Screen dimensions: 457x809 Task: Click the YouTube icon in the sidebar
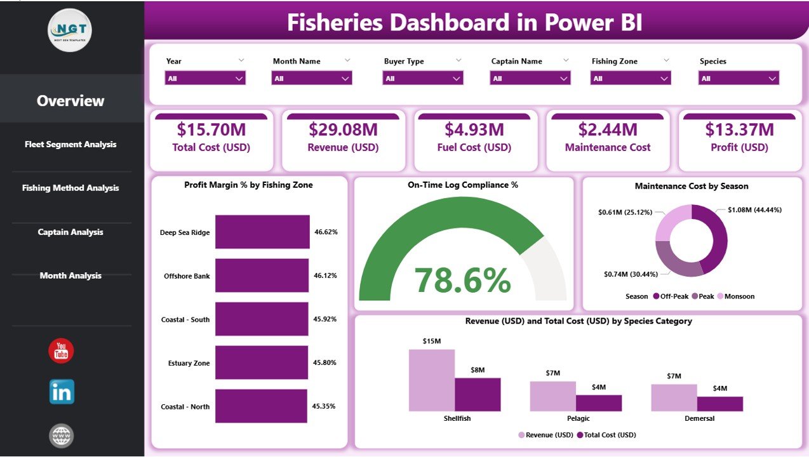(62, 351)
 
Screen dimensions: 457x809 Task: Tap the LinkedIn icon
(62, 392)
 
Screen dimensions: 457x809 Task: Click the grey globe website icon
(62, 436)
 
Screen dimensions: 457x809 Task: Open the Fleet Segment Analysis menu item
(70, 145)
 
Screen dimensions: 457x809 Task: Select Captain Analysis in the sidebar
(70, 232)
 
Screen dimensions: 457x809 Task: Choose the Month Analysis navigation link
(70, 276)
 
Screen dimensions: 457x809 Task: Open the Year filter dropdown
(204, 78)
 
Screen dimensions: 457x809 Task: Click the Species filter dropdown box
(738, 78)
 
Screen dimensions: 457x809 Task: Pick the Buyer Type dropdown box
(422, 78)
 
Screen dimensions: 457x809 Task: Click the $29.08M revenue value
(343, 130)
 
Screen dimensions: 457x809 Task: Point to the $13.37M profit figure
(739, 130)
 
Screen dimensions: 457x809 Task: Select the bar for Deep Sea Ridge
(262, 232)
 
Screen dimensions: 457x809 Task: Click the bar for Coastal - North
(261, 407)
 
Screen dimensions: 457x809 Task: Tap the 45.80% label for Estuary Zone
(324, 363)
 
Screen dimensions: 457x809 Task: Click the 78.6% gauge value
(462, 280)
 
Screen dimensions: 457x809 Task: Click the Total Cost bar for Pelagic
(599, 403)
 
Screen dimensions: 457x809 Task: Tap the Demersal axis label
(699, 419)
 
